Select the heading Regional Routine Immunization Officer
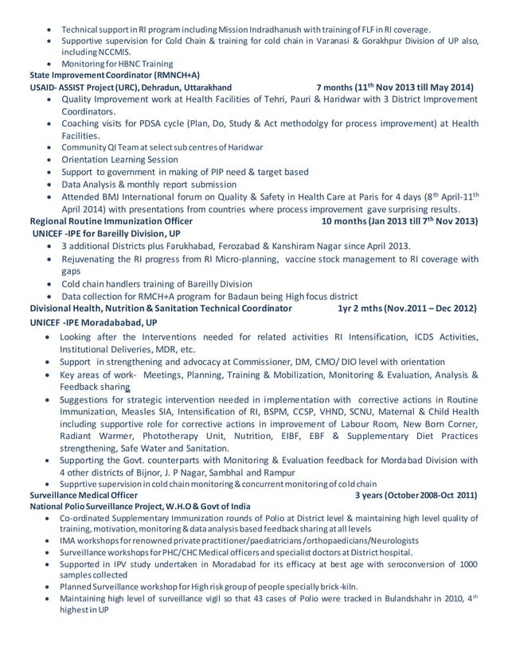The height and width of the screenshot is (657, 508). (111, 220)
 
